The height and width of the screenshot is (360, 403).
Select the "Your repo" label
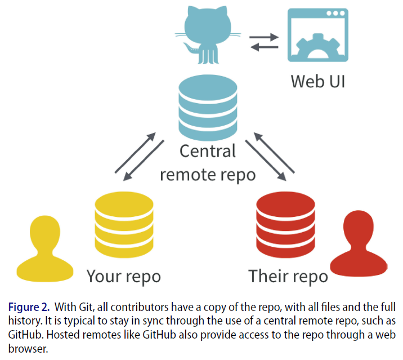click(x=123, y=277)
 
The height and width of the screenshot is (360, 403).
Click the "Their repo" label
click(x=288, y=277)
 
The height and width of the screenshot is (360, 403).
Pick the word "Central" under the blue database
click(x=207, y=151)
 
